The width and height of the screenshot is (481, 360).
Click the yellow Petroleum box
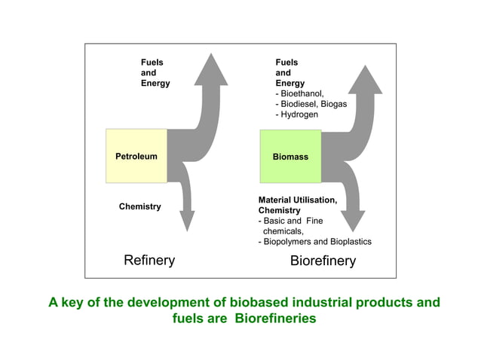click(x=136, y=156)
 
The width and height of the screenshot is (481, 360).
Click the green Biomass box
click(x=290, y=156)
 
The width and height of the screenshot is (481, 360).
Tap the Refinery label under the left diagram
click(x=149, y=261)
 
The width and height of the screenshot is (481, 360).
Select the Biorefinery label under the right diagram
click(x=323, y=261)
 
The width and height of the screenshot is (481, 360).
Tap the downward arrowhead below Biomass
click(x=353, y=219)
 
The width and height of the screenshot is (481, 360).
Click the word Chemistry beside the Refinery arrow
click(x=139, y=206)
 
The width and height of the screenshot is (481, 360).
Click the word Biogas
click(x=332, y=104)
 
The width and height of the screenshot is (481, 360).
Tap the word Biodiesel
click(x=299, y=104)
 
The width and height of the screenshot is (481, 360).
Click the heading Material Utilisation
click(x=297, y=200)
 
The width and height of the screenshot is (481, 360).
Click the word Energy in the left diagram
click(x=155, y=83)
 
